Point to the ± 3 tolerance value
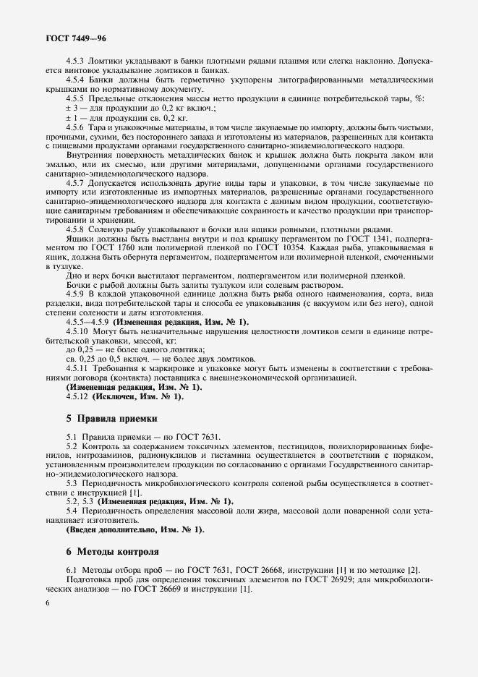(72, 107)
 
